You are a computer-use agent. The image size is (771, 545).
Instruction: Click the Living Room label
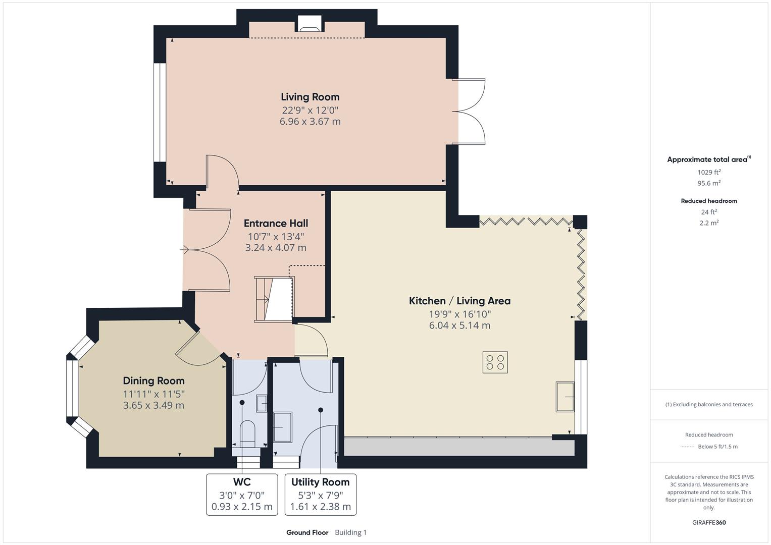click(310, 97)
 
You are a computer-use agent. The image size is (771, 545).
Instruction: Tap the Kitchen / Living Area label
click(459, 301)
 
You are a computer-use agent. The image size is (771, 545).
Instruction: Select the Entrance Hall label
click(276, 223)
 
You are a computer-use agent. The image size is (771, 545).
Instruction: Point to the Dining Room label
click(153, 380)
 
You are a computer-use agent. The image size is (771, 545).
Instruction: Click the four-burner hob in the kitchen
click(495, 362)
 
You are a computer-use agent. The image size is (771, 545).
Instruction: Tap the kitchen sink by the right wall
click(565, 397)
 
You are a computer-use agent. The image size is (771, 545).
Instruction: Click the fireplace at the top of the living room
click(310, 24)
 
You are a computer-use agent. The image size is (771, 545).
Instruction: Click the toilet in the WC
click(247, 433)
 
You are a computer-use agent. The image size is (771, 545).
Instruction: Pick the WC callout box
click(242, 494)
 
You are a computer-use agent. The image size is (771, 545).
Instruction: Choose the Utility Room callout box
click(320, 494)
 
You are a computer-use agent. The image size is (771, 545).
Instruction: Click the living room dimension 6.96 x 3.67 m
click(310, 122)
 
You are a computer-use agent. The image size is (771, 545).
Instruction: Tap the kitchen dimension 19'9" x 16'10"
click(459, 314)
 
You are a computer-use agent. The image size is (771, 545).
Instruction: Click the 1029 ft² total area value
click(709, 172)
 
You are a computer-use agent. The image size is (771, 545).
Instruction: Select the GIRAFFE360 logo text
click(709, 522)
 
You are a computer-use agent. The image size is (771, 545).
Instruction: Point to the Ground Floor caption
click(307, 532)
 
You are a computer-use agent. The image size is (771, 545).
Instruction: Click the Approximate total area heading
click(708, 159)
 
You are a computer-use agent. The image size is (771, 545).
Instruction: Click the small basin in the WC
click(262, 403)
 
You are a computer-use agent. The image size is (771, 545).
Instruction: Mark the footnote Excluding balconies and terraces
click(709, 404)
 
